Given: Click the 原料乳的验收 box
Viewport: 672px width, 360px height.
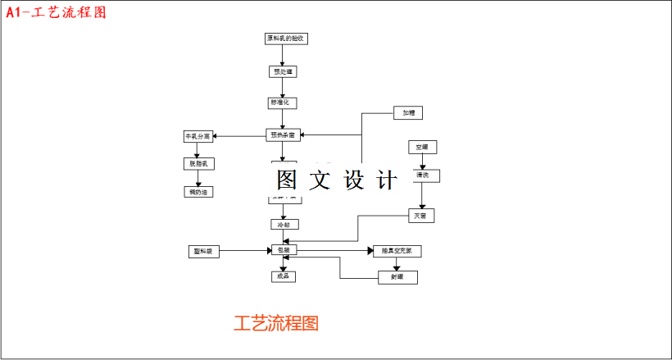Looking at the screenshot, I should coord(286,39).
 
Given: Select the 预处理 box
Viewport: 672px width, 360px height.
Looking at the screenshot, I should coord(282,71).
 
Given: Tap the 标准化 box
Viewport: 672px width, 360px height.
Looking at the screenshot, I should coord(282,103).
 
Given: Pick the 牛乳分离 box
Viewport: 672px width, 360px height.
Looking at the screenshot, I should coord(198,136).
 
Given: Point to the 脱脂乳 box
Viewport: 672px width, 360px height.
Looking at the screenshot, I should coord(198,164).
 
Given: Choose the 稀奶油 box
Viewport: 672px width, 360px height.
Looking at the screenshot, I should coord(198,192).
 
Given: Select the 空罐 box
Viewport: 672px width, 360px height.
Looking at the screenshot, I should coord(422,148).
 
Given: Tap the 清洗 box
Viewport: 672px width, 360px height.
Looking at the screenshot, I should coord(424,175).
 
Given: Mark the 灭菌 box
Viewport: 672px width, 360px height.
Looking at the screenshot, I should coord(421,216).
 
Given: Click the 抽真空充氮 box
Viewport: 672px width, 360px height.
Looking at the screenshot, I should coord(397,251).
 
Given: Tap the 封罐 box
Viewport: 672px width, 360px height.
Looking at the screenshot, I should coord(398,277).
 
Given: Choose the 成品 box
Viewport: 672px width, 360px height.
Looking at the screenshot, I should coord(283,276).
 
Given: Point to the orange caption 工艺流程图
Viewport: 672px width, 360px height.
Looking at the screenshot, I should coord(276,323).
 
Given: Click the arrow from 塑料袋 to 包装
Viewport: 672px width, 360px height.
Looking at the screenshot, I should coord(246,250).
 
